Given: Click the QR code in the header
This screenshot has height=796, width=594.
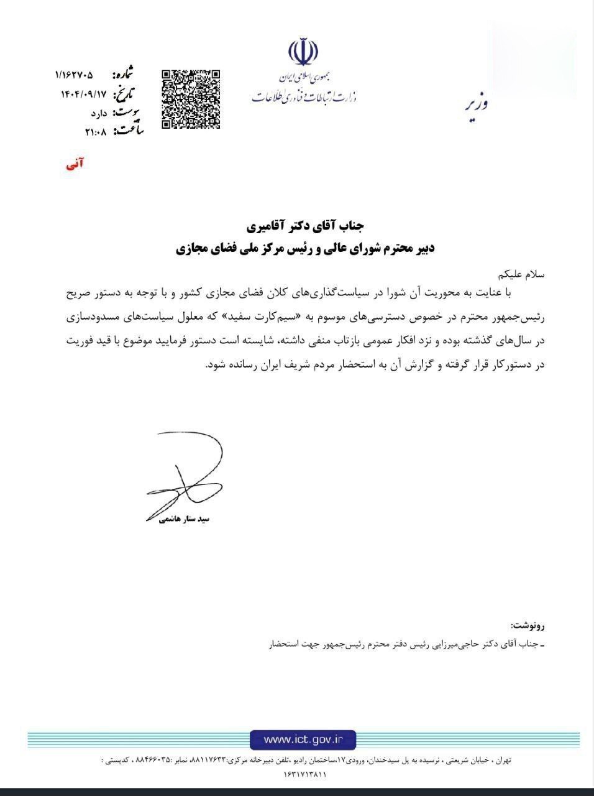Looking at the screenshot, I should tap(191, 99).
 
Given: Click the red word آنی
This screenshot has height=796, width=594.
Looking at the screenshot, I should tap(75, 164).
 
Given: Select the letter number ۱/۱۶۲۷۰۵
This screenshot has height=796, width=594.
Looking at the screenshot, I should tap(74, 75).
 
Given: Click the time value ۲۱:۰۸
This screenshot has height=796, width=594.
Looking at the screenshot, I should tap(96, 132).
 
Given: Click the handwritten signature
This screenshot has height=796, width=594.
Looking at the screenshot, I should tap(184, 473).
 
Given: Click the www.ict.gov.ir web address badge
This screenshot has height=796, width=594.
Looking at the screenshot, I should tap(303, 739).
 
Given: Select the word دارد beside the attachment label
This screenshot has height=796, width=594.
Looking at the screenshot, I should tap(99, 113).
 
